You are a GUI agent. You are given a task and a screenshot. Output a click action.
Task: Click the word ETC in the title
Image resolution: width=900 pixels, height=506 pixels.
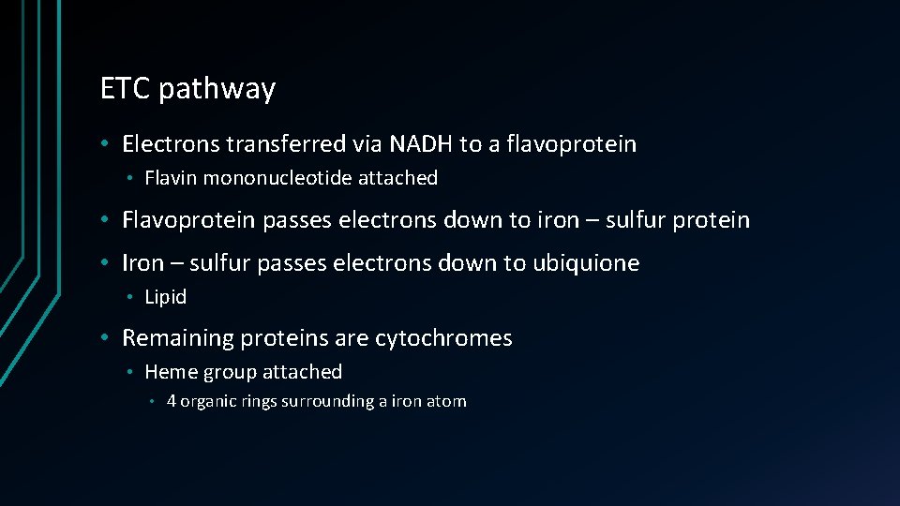pos(126,89)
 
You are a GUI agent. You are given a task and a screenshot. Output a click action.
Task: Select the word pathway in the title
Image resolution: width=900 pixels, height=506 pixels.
pos(217,90)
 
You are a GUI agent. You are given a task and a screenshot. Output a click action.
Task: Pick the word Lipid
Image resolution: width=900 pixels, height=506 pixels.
pos(166,297)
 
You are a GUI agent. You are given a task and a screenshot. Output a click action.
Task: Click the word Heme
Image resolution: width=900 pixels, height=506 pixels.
pos(169,372)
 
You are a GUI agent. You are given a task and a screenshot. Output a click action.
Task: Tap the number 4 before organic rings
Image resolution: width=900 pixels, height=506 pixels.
pos(172,402)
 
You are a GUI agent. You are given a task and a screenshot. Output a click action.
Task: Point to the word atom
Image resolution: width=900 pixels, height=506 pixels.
pos(448,402)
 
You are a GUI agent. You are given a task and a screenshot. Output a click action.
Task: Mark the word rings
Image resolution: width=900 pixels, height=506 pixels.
pos(250,402)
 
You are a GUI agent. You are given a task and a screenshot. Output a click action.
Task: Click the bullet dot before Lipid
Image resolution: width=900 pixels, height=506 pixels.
pos(133,297)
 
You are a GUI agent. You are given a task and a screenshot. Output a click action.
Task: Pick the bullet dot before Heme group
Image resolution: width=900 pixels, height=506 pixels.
pos(133,372)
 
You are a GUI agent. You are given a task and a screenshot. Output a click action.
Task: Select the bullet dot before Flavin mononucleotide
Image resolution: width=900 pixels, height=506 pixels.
pos(133,178)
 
